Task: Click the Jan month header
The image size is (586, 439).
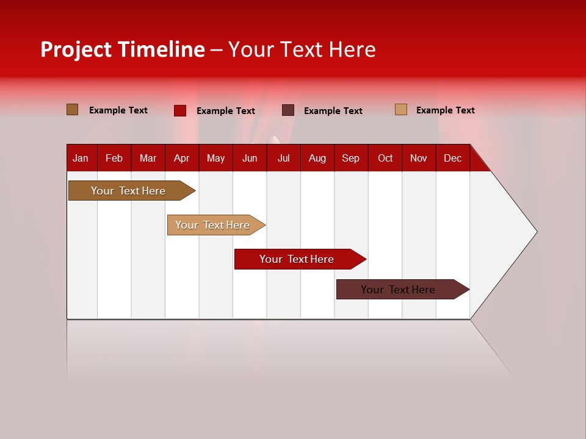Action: [81, 158]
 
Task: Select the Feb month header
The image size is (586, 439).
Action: [114, 158]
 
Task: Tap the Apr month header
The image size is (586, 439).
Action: [181, 158]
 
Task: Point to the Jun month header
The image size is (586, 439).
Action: [250, 158]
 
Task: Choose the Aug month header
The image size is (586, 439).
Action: [317, 158]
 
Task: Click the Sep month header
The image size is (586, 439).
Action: [350, 158]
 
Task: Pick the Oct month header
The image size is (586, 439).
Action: [385, 158]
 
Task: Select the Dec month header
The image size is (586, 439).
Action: [452, 158]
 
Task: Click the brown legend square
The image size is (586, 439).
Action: [73, 110]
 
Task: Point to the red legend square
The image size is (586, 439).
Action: [180, 110]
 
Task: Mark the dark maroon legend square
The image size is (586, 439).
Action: [288, 110]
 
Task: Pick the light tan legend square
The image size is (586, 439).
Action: [401, 110]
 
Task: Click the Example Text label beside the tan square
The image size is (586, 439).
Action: [445, 110]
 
